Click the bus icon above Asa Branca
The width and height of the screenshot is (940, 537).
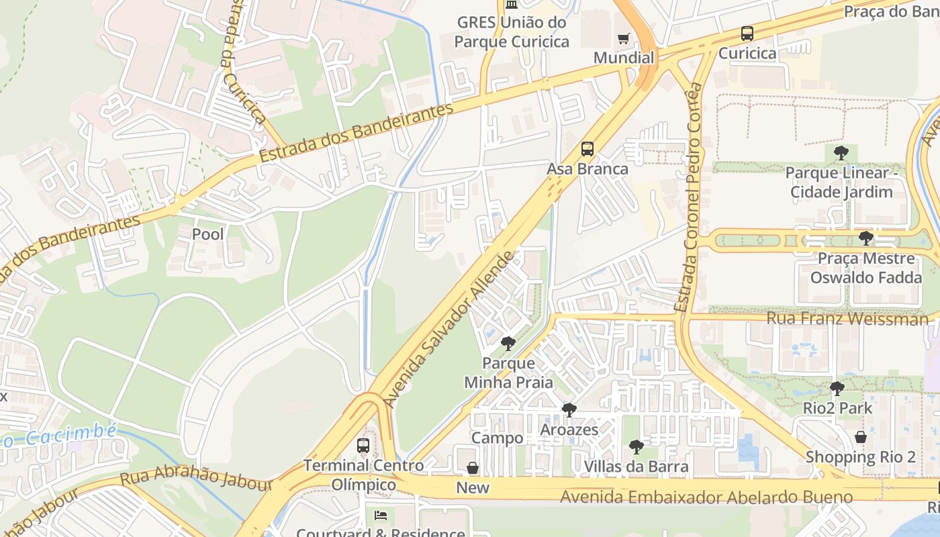[x=587, y=149]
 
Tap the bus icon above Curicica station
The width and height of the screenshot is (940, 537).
[x=747, y=34]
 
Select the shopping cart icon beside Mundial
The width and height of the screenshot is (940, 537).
[x=624, y=38]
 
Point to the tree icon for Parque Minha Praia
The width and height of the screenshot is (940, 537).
[x=508, y=344]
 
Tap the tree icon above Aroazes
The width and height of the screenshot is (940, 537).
[x=569, y=409]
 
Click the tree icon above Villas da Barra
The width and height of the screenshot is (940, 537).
[x=636, y=447]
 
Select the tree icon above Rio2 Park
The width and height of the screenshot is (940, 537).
[x=837, y=389]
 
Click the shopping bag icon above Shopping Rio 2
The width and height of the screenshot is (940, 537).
[x=860, y=438]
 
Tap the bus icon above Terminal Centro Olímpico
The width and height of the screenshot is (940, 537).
[x=363, y=446]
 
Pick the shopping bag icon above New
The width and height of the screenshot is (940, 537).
[x=473, y=468]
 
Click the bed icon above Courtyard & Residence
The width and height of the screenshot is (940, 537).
[x=380, y=516]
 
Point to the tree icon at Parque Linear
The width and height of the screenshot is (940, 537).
[x=841, y=154]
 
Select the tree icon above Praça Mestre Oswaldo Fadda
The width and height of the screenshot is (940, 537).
[x=865, y=238]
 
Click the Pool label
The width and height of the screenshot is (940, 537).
[x=208, y=234]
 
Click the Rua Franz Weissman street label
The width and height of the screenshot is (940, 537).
[x=847, y=318]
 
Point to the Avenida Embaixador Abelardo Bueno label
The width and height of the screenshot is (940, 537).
[x=706, y=497]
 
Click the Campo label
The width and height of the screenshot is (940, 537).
[x=497, y=438]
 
